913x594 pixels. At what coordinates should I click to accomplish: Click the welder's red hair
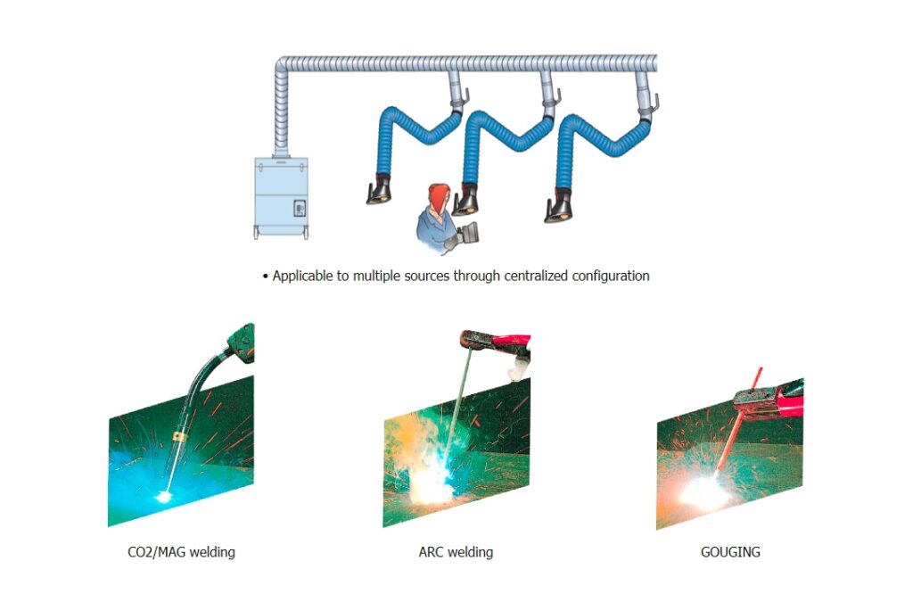tap(438, 194)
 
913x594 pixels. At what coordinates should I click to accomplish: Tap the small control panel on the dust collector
tap(299, 208)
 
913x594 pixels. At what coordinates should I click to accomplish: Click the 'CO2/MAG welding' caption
tap(181, 552)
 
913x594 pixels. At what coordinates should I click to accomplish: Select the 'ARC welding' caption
tap(456, 552)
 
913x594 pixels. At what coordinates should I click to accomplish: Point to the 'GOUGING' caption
tap(730, 552)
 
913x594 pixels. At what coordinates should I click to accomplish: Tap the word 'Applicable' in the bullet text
tap(302, 276)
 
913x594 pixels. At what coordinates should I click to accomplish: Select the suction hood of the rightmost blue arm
tap(559, 208)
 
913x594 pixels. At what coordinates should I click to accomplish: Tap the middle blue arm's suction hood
tap(465, 200)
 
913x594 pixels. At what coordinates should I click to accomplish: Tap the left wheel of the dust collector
tap(257, 234)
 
